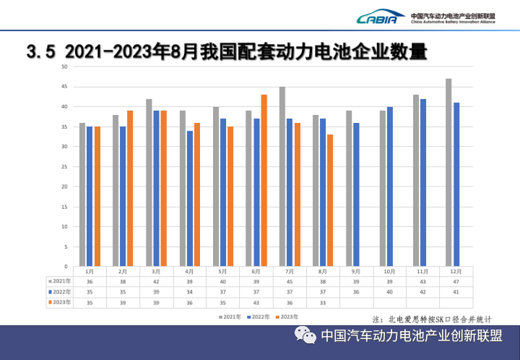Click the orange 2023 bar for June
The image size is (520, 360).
[264, 180]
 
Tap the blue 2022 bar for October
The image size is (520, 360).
[390, 187]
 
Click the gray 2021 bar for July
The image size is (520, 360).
[282, 176]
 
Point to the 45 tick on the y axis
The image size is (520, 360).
[65, 87]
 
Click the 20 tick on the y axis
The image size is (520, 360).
[65, 187]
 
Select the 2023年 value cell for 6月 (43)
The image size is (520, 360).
[256, 302]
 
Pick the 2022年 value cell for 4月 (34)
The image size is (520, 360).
[190, 292]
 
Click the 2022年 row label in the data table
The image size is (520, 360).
[60, 292]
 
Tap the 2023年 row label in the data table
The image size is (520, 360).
[60, 302]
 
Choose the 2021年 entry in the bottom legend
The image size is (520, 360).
[230, 317]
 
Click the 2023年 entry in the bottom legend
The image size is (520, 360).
[287, 317]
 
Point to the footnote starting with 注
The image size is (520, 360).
[432, 318]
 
